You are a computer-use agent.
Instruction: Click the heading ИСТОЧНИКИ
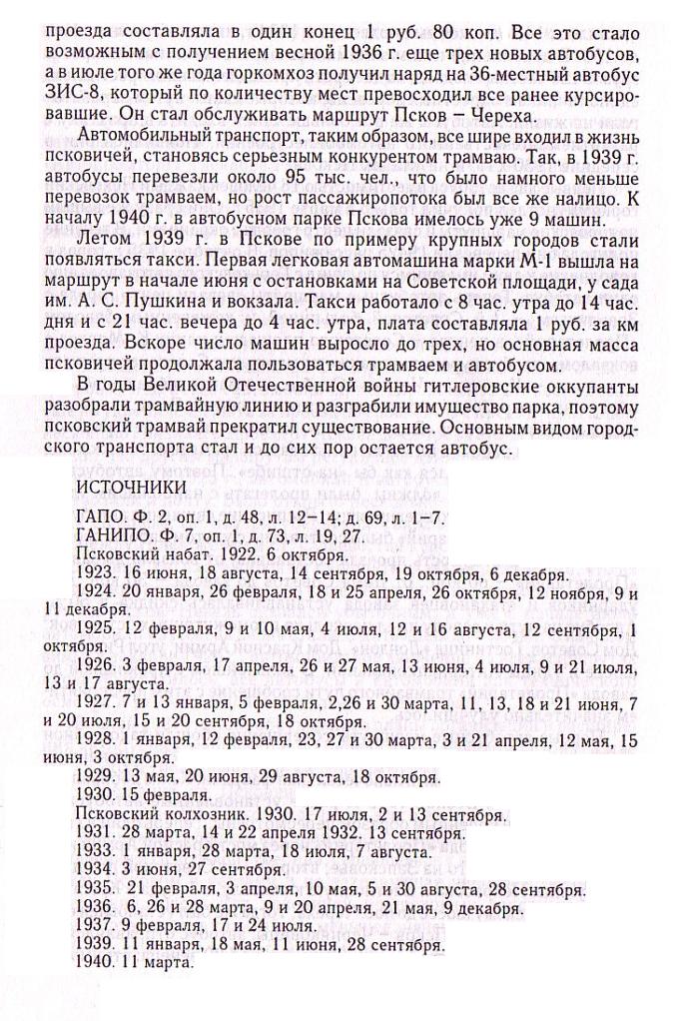[131, 487]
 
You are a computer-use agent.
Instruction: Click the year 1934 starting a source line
[94, 869]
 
